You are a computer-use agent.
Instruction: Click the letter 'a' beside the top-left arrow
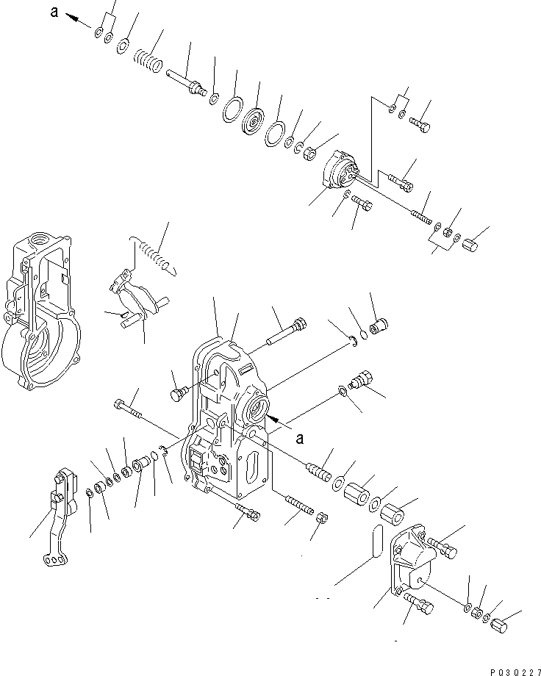(x=54, y=11)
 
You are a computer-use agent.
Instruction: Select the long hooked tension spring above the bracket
(x=154, y=253)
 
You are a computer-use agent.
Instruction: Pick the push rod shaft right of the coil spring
(x=187, y=81)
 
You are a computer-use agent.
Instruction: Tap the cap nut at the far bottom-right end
(x=501, y=627)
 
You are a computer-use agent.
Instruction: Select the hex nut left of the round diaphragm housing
(x=310, y=153)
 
